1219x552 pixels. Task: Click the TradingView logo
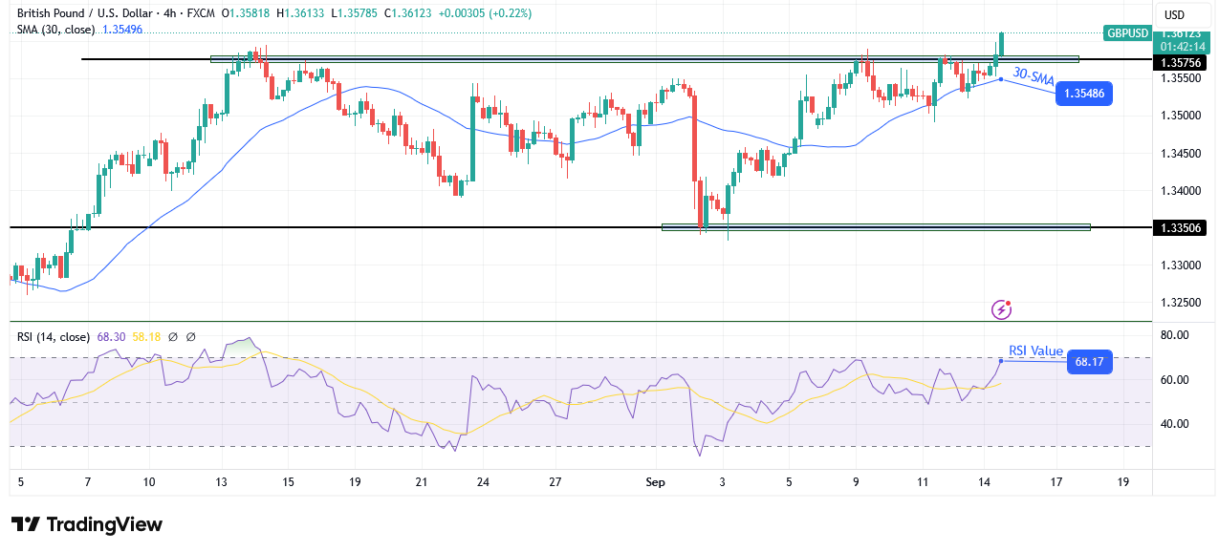[x=86, y=524]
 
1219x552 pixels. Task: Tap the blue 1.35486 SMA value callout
[x=1083, y=94]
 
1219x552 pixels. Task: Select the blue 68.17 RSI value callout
[x=1089, y=362]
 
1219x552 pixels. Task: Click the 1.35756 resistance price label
[x=1182, y=62]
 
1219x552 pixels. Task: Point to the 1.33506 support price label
[x=1182, y=227]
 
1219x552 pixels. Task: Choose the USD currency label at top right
[x=1173, y=14]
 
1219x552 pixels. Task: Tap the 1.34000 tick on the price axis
[x=1180, y=190]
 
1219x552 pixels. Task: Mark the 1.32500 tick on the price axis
[x=1180, y=302]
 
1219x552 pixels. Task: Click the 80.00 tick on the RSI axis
[x=1175, y=335]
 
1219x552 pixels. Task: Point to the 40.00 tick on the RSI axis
[x=1175, y=424]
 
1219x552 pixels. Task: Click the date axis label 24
[x=483, y=482]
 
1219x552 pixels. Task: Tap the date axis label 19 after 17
[x=1122, y=482]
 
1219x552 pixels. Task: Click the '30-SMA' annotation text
[x=1034, y=76]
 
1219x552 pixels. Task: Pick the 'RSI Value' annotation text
[x=1035, y=350]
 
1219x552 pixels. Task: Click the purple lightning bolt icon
[x=1002, y=308]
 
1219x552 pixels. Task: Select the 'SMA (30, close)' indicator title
[x=55, y=30]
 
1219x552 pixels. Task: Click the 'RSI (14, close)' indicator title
[x=54, y=336]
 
